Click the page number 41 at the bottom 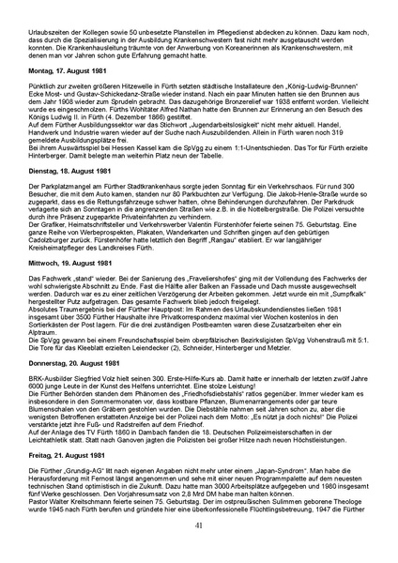(198, 550)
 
